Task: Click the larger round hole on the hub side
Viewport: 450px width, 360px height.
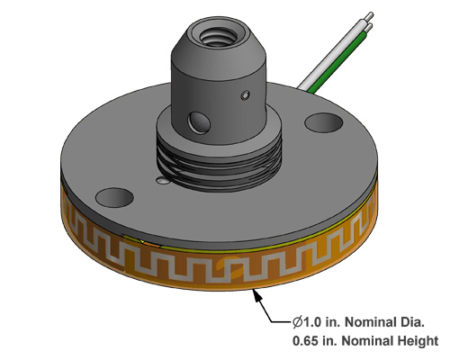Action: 194,118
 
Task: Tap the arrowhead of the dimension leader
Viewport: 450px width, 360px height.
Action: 257,292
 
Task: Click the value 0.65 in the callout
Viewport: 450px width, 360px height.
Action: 308,342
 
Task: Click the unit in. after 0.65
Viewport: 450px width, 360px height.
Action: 333,342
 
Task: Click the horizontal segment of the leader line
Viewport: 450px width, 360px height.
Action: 282,322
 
